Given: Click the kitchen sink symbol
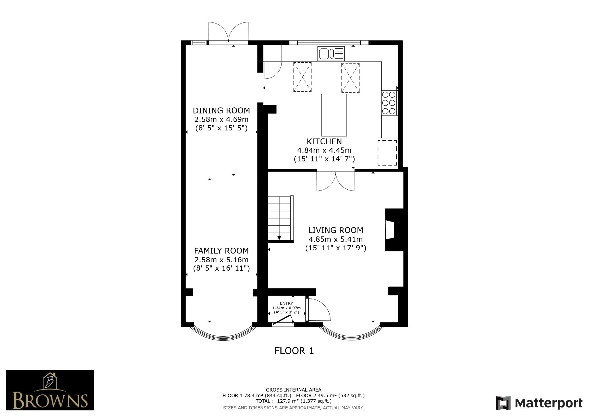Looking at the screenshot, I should point(331,53).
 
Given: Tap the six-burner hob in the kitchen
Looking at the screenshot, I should point(389,103).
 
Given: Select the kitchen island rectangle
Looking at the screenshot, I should point(334,115).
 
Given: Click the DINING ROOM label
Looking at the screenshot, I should point(221,111).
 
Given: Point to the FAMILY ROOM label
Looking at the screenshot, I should point(221,251).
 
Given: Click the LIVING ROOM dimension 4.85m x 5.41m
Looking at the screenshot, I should point(335,239).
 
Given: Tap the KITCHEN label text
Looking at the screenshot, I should point(324,141).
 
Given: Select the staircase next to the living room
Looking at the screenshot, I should point(280,218).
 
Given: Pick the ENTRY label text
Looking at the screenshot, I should point(286,303).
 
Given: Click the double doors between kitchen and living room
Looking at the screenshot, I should point(336,181).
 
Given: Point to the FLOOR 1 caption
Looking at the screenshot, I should point(294,351).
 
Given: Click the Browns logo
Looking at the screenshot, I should point(50,390).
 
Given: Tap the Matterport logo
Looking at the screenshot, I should point(539,403).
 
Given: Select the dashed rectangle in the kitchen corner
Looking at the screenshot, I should point(387,153).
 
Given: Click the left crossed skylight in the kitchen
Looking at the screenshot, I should point(302,77).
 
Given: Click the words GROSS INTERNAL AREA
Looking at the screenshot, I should point(293,390).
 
